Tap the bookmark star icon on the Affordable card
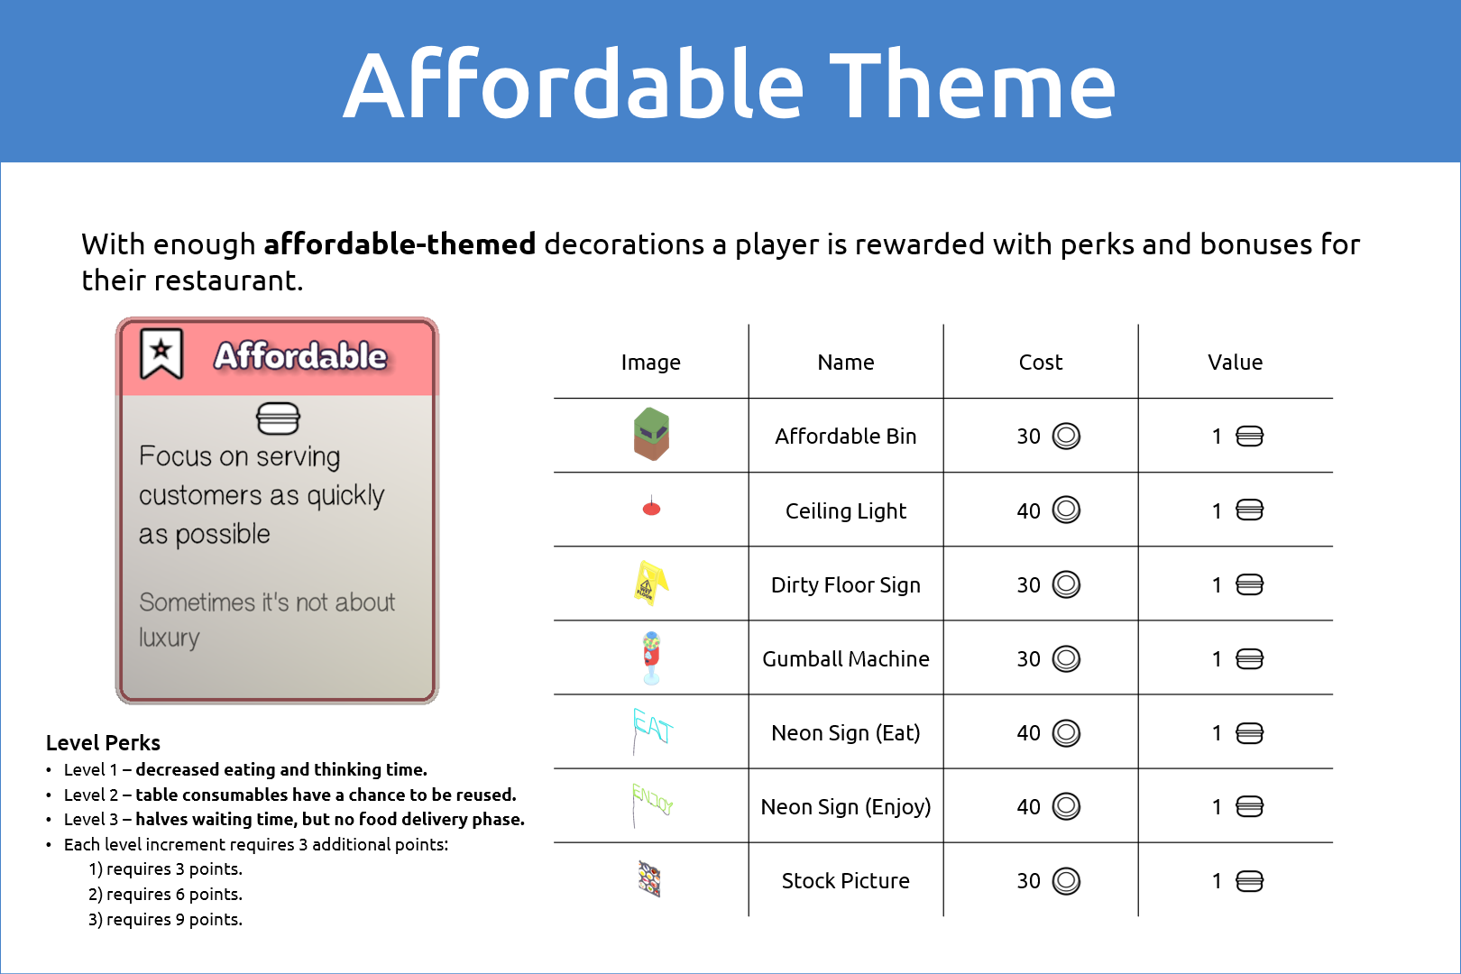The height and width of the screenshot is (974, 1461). tap(161, 354)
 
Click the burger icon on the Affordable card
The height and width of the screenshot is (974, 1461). tap(278, 418)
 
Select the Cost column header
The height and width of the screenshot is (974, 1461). tap(1041, 362)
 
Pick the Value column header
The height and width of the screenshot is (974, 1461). tap(1235, 362)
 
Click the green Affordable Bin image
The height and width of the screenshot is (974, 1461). tap(651, 434)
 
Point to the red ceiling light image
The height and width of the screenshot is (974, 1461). tap(651, 507)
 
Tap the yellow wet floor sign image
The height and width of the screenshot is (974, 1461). tap(651, 583)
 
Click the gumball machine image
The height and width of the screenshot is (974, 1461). tap(651, 657)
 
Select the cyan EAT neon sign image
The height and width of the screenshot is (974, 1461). tap(652, 730)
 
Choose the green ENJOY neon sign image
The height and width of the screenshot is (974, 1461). tap(652, 804)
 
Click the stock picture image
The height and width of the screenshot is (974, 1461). tap(649, 878)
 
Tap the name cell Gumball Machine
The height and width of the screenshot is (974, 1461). tap(845, 659)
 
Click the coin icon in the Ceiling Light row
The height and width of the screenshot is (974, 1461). tap(1066, 510)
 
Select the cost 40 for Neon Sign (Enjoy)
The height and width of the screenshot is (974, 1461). tap(1029, 807)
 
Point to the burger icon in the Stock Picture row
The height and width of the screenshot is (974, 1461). tap(1250, 881)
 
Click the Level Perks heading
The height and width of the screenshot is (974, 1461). tap(103, 742)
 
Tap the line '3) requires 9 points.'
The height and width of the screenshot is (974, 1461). tap(166, 919)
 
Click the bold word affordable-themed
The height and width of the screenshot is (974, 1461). tap(400, 244)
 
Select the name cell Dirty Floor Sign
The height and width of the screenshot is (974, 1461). tap(845, 584)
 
